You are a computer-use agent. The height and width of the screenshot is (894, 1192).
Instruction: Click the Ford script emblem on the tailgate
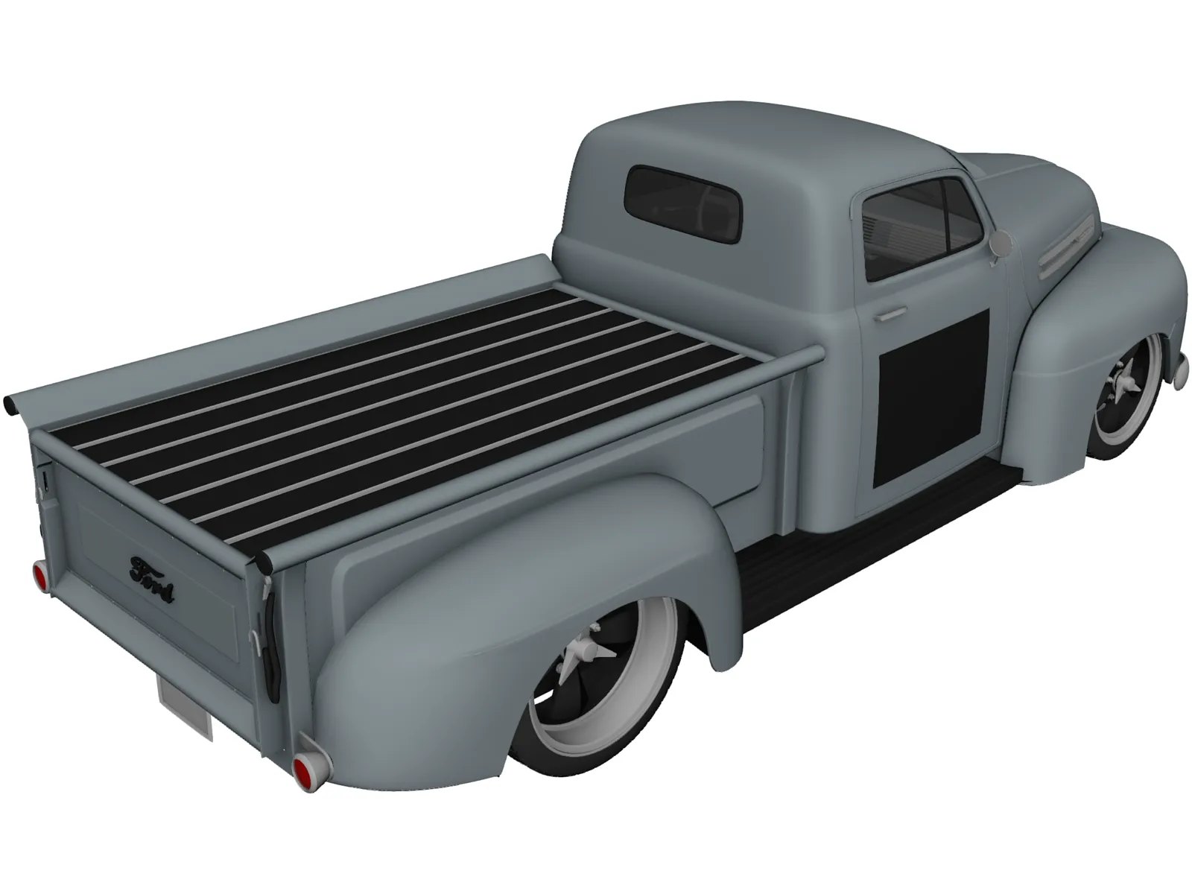(x=153, y=569)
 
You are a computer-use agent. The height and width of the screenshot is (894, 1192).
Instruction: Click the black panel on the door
(x=932, y=397)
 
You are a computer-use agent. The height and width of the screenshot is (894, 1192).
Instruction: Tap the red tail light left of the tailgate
(x=39, y=574)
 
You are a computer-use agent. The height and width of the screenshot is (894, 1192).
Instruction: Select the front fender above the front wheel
(x=1095, y=298)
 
